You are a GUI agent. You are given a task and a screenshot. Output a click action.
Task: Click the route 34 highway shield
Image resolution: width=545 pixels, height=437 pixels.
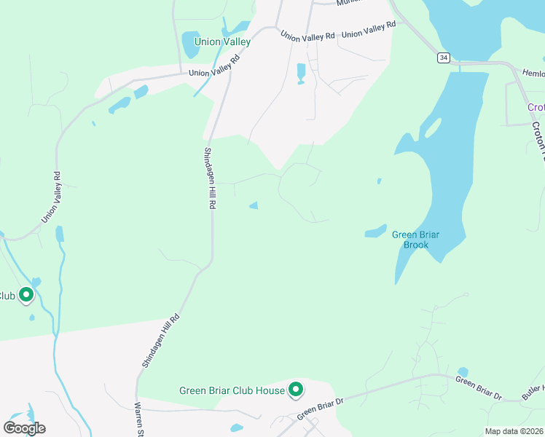click(x=443, y=56)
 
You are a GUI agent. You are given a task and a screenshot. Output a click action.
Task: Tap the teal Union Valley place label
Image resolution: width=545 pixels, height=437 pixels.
click(x=222, y=42)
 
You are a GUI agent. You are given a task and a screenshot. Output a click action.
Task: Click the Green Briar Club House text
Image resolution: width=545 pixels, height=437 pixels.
click(x=232, y=391)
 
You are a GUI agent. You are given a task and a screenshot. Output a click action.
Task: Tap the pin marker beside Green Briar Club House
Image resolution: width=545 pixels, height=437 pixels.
click(x=296, y=390)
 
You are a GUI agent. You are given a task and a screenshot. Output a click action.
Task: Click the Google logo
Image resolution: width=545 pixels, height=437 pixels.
click(x=24, y=428)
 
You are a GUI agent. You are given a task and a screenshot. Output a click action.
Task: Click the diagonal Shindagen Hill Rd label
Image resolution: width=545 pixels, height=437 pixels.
click(x=159, y=341)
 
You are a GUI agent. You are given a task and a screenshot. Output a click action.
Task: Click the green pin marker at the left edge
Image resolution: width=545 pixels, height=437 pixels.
click(x=26, y=295)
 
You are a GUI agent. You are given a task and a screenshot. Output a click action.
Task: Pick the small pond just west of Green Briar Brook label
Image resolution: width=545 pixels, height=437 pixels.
click(x=375, y=232)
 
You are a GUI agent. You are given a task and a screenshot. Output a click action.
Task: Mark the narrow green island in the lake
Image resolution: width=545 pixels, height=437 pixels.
click(x=432, y=128)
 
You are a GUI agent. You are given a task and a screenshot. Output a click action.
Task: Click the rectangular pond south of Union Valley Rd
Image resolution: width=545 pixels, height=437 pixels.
click(x=301, y=74)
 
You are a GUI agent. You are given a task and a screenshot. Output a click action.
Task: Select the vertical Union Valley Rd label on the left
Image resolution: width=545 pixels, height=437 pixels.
click(x=50, y=197)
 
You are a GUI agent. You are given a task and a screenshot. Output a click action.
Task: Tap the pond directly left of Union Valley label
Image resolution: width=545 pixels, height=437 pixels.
click(x=189, y=44)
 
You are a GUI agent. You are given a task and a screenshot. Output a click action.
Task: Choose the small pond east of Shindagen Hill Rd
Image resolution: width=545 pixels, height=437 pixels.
click(x=254, y=205)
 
